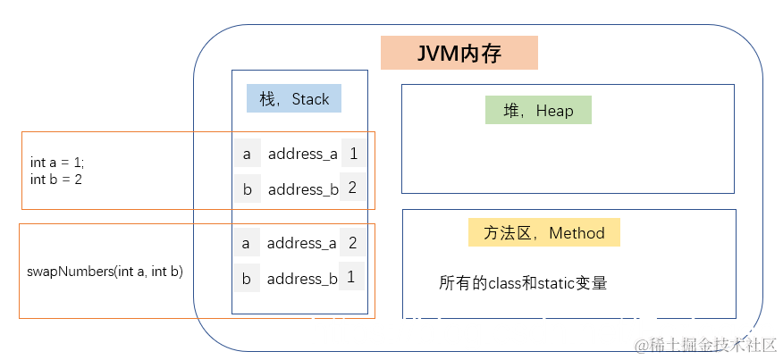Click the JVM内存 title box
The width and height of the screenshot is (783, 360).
click(459, 53)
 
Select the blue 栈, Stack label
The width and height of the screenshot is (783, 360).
click(294, 99)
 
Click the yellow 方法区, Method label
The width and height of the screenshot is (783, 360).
click(543, 233)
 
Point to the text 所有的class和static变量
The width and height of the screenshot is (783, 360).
click(523, 283)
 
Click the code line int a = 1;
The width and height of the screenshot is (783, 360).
click(57, 163)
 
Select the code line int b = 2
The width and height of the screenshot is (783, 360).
click(55, 179)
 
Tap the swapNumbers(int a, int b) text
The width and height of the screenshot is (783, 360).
click(105, 271)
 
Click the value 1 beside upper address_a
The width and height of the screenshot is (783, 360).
click(353, 154)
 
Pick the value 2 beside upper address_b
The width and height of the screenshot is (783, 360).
click(353, 188)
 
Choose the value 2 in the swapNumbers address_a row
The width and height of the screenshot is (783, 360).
click(352, 242)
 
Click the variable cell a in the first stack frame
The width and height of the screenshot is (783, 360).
click(247, 154)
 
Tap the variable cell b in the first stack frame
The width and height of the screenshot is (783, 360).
click(247, 189)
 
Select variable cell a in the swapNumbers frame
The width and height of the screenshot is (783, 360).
click(246, 243)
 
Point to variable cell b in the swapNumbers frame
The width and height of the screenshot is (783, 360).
click(246, 279)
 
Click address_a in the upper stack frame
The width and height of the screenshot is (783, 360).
click(303, 154)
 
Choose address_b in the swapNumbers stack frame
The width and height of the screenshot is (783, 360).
click(302, 279)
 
